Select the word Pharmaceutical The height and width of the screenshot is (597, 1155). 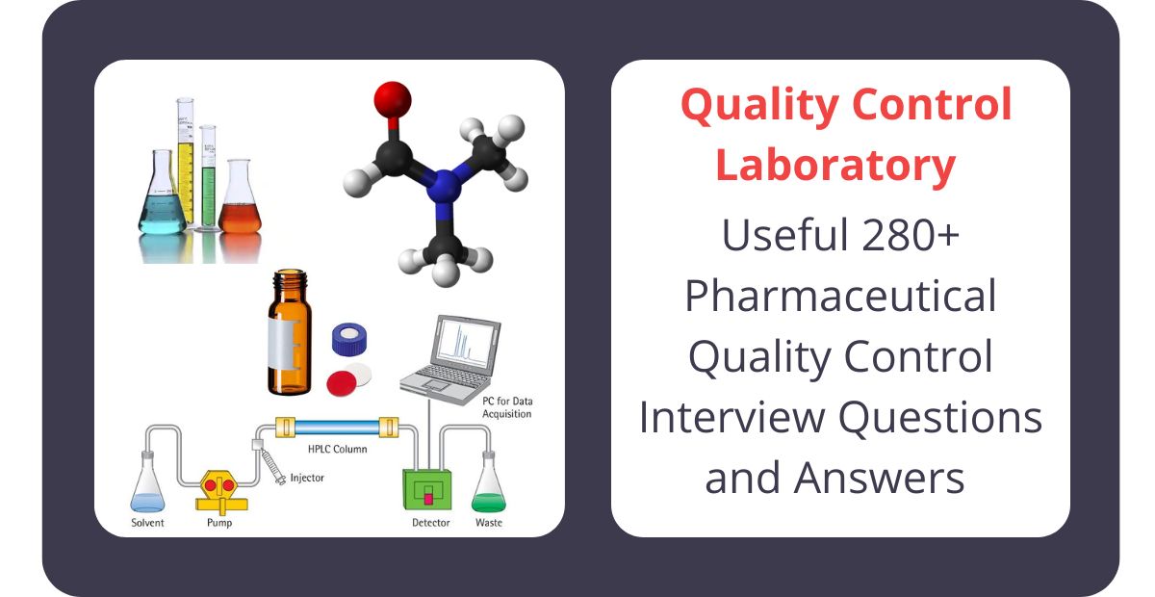click(840, 296)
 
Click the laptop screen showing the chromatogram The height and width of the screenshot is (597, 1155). click(466, 343)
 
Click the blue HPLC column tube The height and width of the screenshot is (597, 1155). click(337, 427)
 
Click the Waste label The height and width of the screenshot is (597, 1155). click(488, 523)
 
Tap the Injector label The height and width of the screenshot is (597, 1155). click(307, 479)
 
